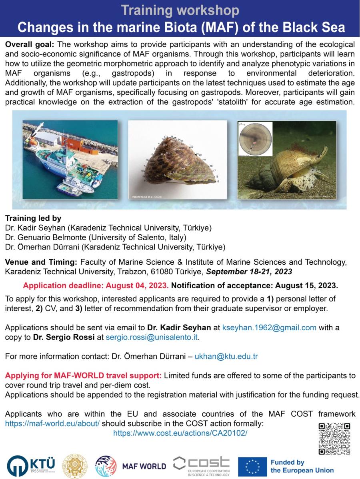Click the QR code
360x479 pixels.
coord(334,438)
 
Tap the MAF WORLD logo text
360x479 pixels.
coord(144,466)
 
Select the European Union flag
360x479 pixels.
coord(252,466)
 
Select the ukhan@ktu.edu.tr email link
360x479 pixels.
coord(226,357)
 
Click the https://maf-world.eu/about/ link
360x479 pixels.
coord(52,423)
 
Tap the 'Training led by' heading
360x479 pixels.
coord(33,218)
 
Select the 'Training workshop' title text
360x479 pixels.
coord(180,10)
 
